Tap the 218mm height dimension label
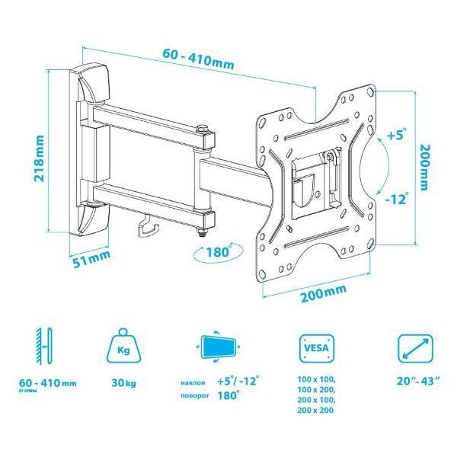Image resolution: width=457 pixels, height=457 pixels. (x=39, y=158)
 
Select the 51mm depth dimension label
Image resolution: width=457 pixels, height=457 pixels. (x=92, y=258)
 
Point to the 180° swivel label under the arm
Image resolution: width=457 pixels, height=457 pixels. (x=219, y=251)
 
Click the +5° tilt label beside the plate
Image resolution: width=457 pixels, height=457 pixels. (x=397, y=135)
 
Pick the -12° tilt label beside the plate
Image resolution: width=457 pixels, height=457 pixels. (x=395, y=199)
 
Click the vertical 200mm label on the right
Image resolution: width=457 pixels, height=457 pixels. (x=425, y=168)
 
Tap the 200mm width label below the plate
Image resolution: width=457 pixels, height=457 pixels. (x=324, y=293)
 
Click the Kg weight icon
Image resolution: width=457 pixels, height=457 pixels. (x=123, y=347)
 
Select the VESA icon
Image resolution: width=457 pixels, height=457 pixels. (x=317, y=348)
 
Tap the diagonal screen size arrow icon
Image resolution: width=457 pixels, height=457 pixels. (x=415, y=348)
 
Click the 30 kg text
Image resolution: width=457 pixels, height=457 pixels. (x=123, y=382)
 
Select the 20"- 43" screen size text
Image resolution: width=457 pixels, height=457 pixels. (x=418, y=382)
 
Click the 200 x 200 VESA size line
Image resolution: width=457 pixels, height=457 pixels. (x=315, y=410)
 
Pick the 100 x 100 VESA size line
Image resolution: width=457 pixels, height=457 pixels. (x=316, y=380)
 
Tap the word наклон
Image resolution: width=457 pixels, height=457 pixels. (x=193, y=382)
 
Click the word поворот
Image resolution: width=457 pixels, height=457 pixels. (x=195, y=396)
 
